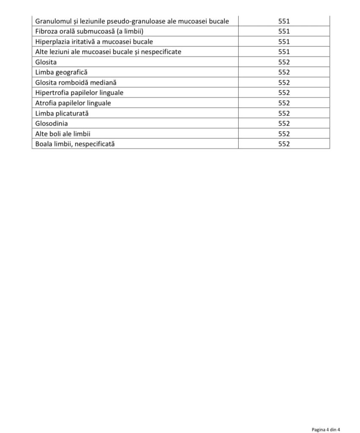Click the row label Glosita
click(46, 62)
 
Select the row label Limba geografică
click(61, 72)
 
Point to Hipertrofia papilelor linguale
click(79, 93)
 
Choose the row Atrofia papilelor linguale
click(73, 103)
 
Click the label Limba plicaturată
click(62, 113)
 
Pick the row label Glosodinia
click(52, 123)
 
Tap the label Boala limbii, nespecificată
click(75, 144)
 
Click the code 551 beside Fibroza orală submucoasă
click(284, 31)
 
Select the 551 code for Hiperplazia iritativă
click(284, 41)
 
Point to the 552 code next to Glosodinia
click(284, 123)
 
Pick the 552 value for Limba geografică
click(284, 72)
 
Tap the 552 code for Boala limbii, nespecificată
click(284, 144)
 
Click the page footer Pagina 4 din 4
click(326, 430)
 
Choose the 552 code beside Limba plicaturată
click(284, 113)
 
